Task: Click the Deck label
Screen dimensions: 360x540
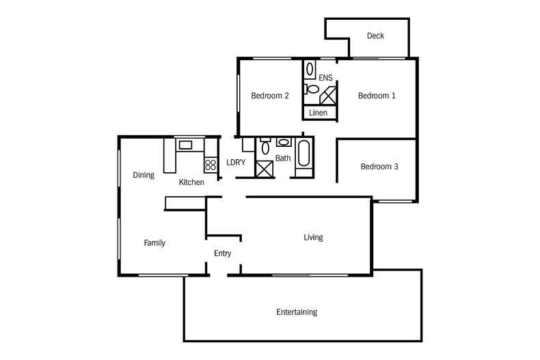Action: [375, 36]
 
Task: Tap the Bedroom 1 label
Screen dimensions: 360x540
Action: [377, 96]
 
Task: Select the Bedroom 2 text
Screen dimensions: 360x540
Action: [270, 96]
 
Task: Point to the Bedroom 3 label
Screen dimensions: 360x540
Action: [379, 166]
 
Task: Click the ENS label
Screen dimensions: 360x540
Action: [325, 78]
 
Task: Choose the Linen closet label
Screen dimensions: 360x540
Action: [319, 112]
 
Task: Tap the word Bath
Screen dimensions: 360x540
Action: [283, 158]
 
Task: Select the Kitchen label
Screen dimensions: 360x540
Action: [191, 182]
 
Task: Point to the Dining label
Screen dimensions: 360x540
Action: [144, 175]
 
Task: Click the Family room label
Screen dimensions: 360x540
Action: [154, 243]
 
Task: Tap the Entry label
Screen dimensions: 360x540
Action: [222, 253]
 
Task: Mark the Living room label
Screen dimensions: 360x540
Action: [313, 238]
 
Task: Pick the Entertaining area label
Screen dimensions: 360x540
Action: [297, 312]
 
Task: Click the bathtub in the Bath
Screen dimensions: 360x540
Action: [305, 154]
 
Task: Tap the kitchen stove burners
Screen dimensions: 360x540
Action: [209, 164]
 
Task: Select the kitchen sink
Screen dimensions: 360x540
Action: [185, 144]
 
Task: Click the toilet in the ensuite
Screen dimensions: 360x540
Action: [312, 88]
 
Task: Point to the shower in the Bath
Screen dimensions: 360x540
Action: [263, 168]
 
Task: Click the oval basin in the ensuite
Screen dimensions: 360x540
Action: [310, 69]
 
